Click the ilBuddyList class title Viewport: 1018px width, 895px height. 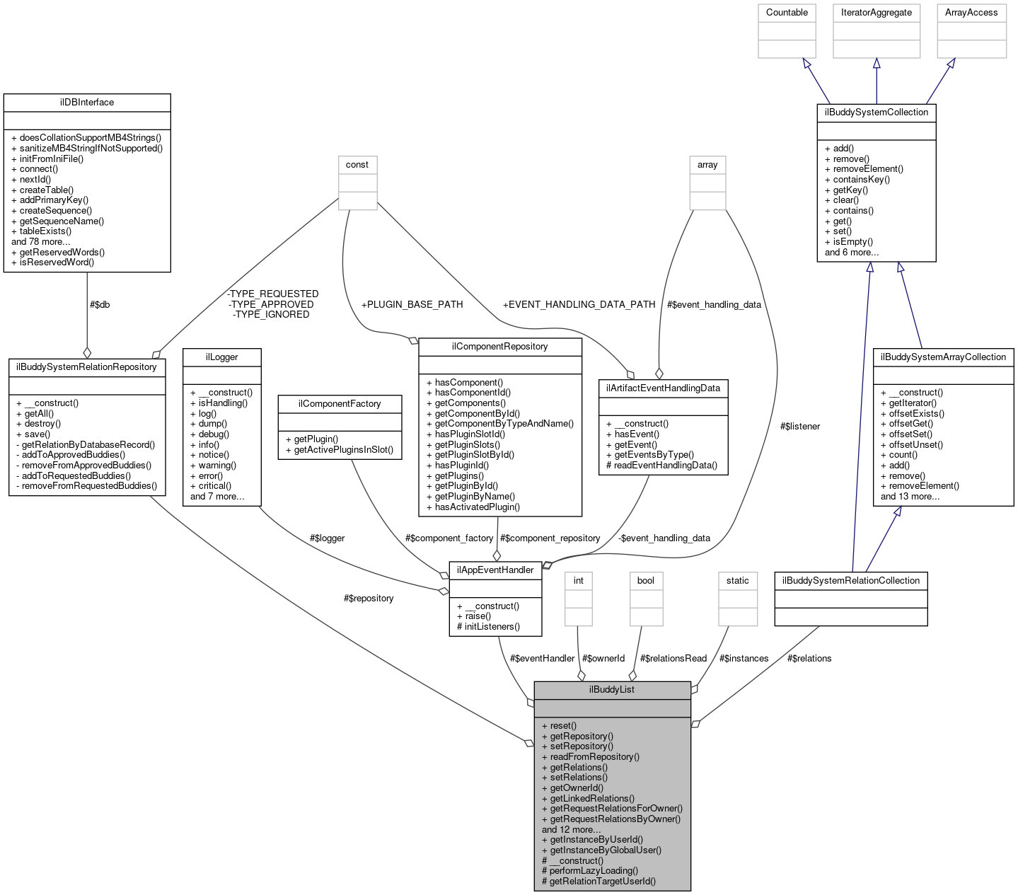click(611, 689)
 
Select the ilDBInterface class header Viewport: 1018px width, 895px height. click(87, 102)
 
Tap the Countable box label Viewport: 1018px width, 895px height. click(787, 13)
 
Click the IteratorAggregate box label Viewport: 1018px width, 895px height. click(876, 13)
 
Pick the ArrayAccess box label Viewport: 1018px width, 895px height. click(971, 13)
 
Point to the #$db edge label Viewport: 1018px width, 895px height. click(100, 304)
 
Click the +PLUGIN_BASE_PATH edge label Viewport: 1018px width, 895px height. click(412, 304)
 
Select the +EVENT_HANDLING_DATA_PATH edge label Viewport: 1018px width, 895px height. click(579, 304)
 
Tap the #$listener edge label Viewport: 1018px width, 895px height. click(799, 426)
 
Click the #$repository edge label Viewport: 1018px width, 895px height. click(369, 598)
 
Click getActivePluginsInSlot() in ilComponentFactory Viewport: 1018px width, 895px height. click(343, 449)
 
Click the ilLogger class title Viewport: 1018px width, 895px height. click(221, 357)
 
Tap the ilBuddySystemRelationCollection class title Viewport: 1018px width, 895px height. click(850, 580)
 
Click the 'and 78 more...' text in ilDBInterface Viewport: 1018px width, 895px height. click(41, 241)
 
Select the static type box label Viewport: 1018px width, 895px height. click(737, 580)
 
